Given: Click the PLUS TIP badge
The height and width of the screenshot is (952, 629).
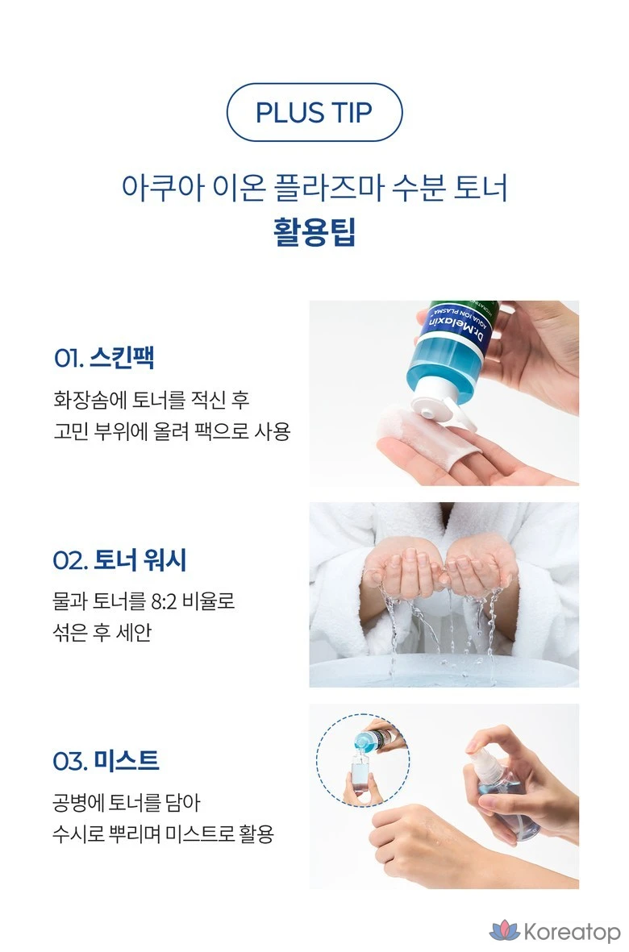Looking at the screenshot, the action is coord(314,112).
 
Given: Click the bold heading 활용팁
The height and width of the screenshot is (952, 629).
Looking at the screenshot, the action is coord(314,232).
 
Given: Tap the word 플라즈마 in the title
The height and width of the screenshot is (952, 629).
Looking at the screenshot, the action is coord(328,187).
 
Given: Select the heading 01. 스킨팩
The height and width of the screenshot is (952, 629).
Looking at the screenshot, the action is coord(104,357).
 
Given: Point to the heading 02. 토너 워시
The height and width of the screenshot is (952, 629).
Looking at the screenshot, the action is coord(119,559).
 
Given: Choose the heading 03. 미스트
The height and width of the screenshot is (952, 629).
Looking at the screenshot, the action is coord(106,761).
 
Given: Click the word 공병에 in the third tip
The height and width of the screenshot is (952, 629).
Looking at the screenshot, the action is coord(76,803).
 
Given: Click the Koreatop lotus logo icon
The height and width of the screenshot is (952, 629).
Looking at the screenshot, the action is coord(505,931).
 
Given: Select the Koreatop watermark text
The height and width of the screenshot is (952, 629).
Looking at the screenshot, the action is coord(572,932).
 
